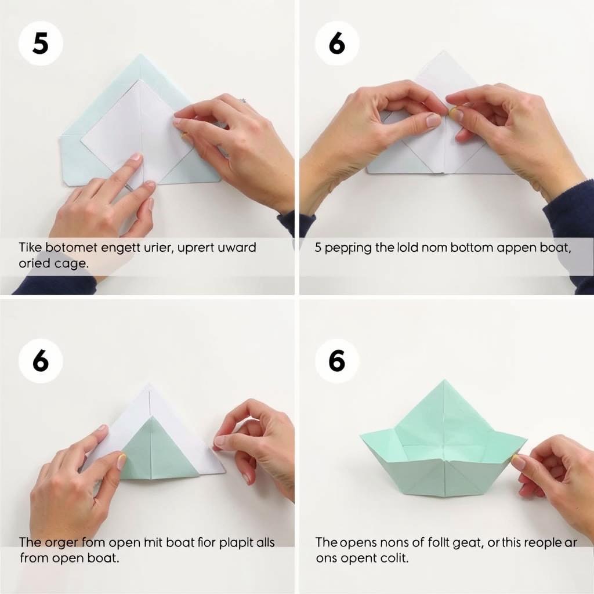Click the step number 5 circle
pos(40,44)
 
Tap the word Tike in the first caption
pos(30,248)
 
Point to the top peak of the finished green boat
pos(443,382)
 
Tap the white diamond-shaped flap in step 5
pos(136,131)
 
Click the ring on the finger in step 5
pos(243,101)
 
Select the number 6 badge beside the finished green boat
pos(337,361)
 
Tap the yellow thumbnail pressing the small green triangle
pos(122,461)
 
